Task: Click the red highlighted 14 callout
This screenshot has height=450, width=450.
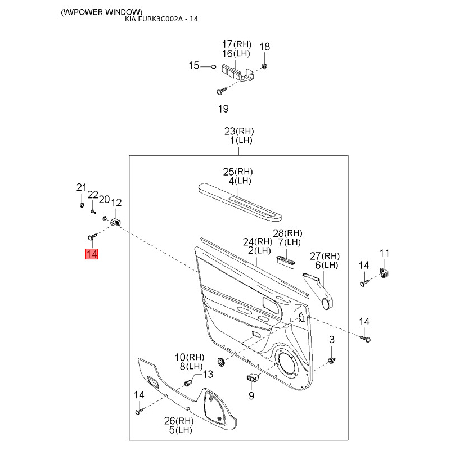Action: click(92, 254)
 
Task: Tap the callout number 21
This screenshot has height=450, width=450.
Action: click(82, 187)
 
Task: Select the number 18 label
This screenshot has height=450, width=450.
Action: click(265, 46)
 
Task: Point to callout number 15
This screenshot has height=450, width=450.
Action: click(193, 66)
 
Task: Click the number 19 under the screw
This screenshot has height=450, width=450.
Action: click(223, 108)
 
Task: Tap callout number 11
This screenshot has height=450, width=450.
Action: click(384, 253)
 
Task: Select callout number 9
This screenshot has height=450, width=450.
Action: click(251, 395)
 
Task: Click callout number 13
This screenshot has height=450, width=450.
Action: click(208, 375)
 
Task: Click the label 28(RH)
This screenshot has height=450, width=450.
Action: click(288, 233)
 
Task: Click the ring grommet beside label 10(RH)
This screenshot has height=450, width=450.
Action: click(221, 361)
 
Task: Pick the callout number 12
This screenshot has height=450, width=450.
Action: click(116, 202)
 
